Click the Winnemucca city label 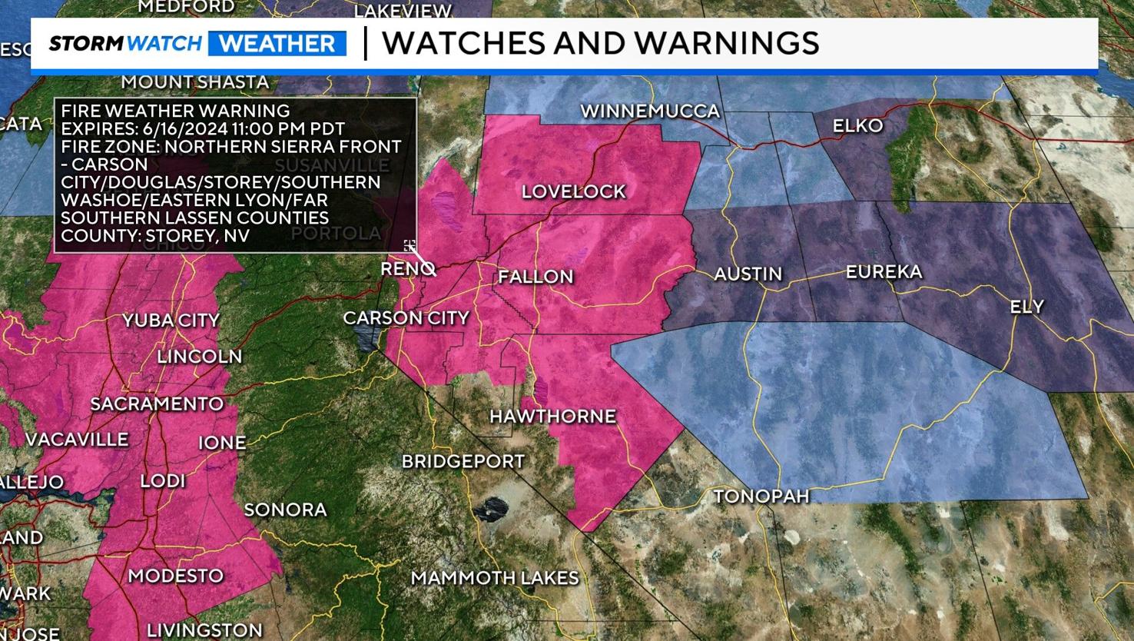coord(650,111)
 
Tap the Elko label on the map coord(857,125)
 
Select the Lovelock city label coord(574,191)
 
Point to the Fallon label coord(535,277)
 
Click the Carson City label coord(406,317)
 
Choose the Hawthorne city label coord(552,417)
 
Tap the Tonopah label coord(761,497)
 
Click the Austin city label coord(748,274)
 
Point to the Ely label coord(1026,307)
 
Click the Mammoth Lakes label coord(495,578)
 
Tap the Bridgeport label coord(463,461)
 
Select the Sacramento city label coord(157,404)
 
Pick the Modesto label coord(175,576)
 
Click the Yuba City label coord(171,320)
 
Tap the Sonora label coord(285,510)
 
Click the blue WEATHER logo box coord(277,43)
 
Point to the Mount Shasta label coord(194,81)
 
